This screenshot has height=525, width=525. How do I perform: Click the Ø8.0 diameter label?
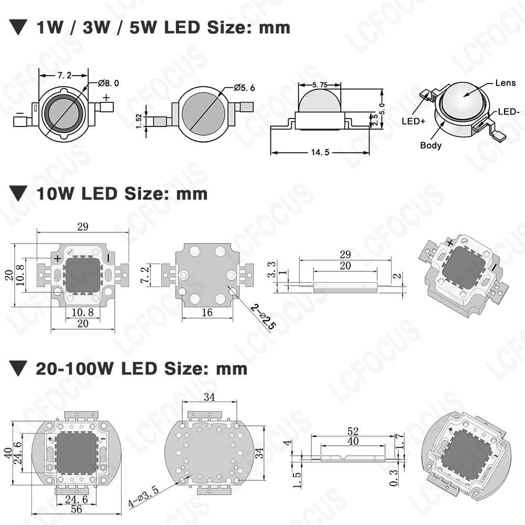click(109, 83)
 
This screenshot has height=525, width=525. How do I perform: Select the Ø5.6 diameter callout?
click(245, 88)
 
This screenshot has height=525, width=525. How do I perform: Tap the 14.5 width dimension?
click(320, 152)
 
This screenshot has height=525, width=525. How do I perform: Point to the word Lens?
click(505, 83)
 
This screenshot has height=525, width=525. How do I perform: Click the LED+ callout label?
click(414, 121)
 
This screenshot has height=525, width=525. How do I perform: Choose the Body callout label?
click(430, 145)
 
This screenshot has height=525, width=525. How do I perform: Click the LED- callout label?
click(508, 111)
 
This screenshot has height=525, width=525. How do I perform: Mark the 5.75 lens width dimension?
click(320, 85)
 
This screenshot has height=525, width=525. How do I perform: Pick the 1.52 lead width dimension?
click(139, 121)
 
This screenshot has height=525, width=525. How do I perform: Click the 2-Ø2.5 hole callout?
click(264, 317)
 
